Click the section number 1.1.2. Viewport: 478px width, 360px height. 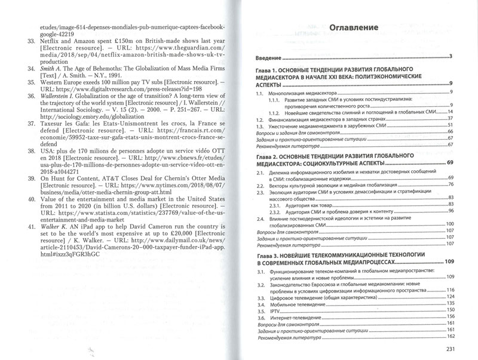point(275,112)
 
